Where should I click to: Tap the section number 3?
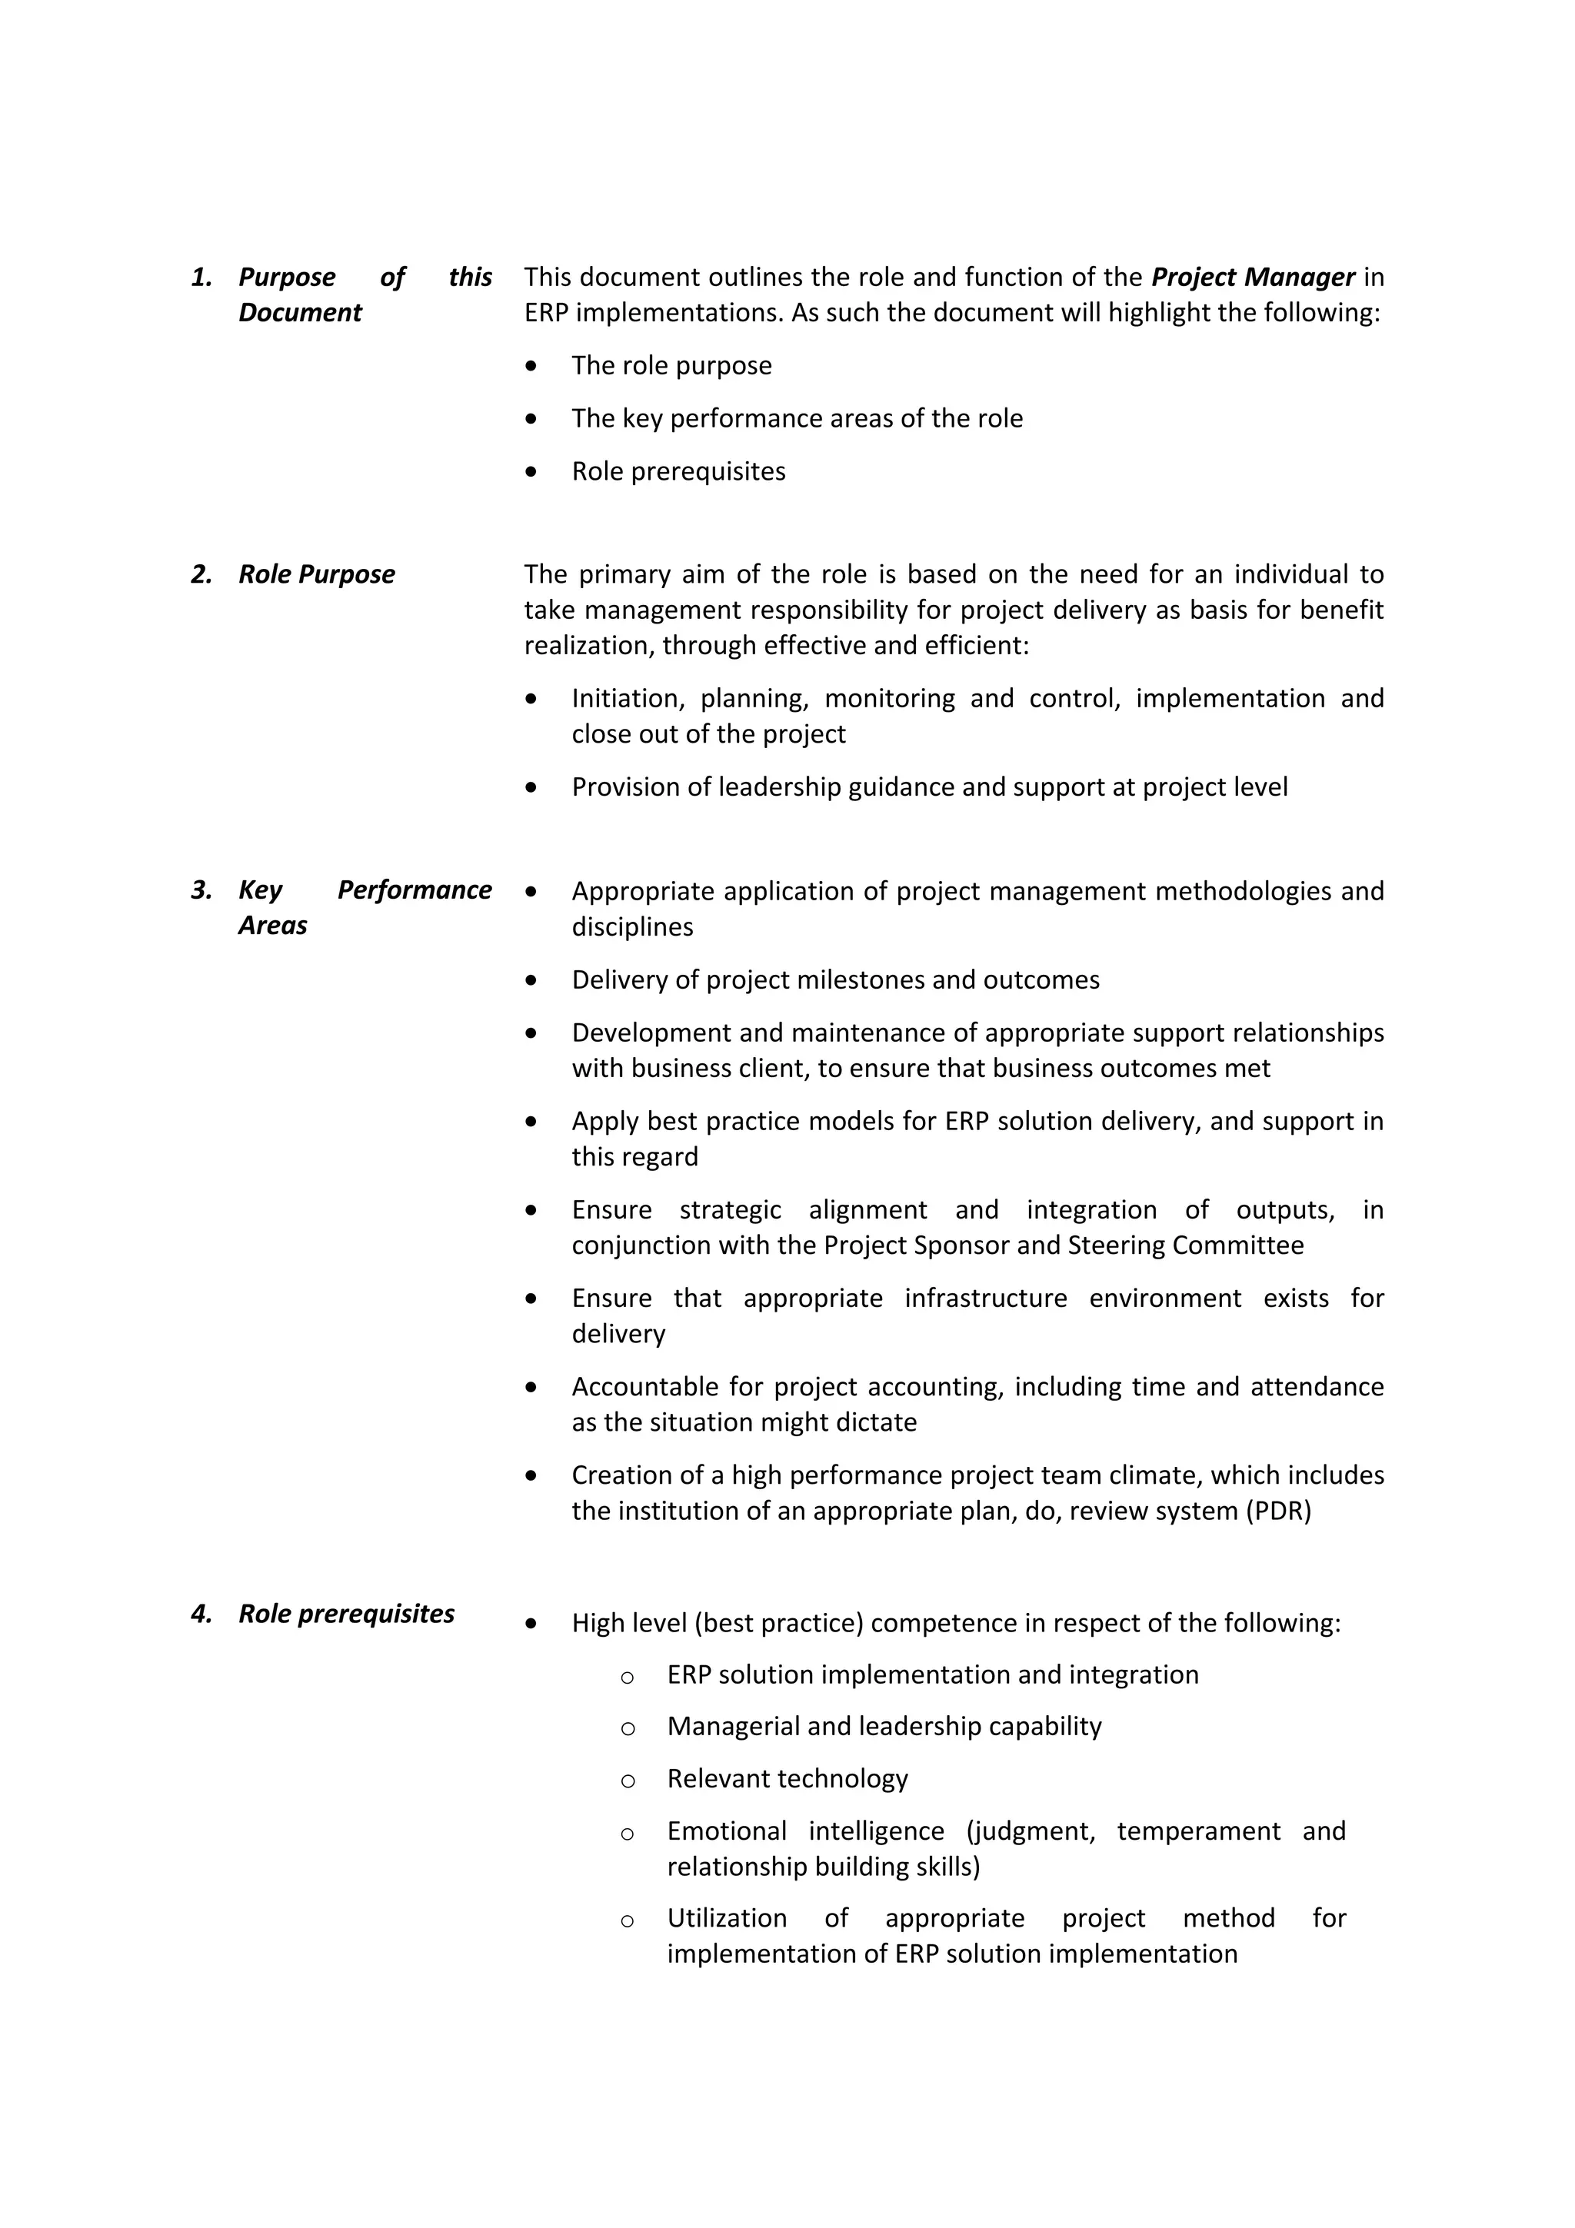tap(201, 890)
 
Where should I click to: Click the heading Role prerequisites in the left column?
tap(346, 1614)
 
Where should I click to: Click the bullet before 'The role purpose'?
tap(530, 366)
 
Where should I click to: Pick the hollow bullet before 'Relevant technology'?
tap(627, 1781)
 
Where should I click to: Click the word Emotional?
tap(727, 1831)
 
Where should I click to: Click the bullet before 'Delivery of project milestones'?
tap(530, 980)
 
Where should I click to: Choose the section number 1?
tap(201, 278)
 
